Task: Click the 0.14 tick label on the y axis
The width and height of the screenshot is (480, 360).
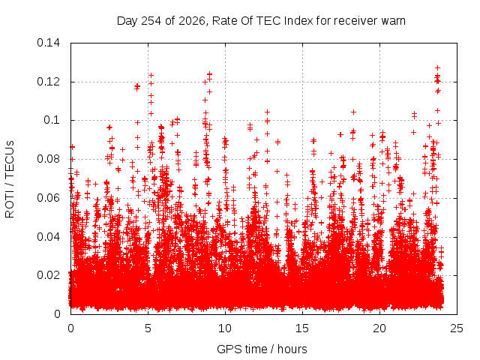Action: [48, 43]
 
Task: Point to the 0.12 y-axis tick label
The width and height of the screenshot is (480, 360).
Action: [48, 82]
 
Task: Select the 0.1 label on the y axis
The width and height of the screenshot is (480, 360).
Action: [52, 120]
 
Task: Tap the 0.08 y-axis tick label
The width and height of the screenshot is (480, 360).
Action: [48, 159]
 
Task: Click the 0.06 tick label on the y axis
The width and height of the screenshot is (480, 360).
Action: [48, 198]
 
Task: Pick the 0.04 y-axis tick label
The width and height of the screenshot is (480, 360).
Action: [48, 237]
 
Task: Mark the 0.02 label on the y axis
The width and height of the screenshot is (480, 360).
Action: [48, 275]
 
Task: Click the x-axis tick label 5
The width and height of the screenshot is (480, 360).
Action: [148, 328]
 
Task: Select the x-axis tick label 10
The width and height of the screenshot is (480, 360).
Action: [225, 328]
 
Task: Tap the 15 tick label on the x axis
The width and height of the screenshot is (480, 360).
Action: [302, 328]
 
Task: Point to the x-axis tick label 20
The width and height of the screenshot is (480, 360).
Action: [379, 328]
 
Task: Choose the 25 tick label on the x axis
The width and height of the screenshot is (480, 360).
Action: [457, 328]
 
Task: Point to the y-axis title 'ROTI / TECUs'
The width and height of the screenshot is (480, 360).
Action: [10, 179]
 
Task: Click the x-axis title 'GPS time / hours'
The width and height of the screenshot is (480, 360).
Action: [262, 349]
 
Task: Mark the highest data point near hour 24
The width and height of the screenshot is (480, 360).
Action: [438, 68]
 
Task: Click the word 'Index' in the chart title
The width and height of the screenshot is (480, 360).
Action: [298, 21]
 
